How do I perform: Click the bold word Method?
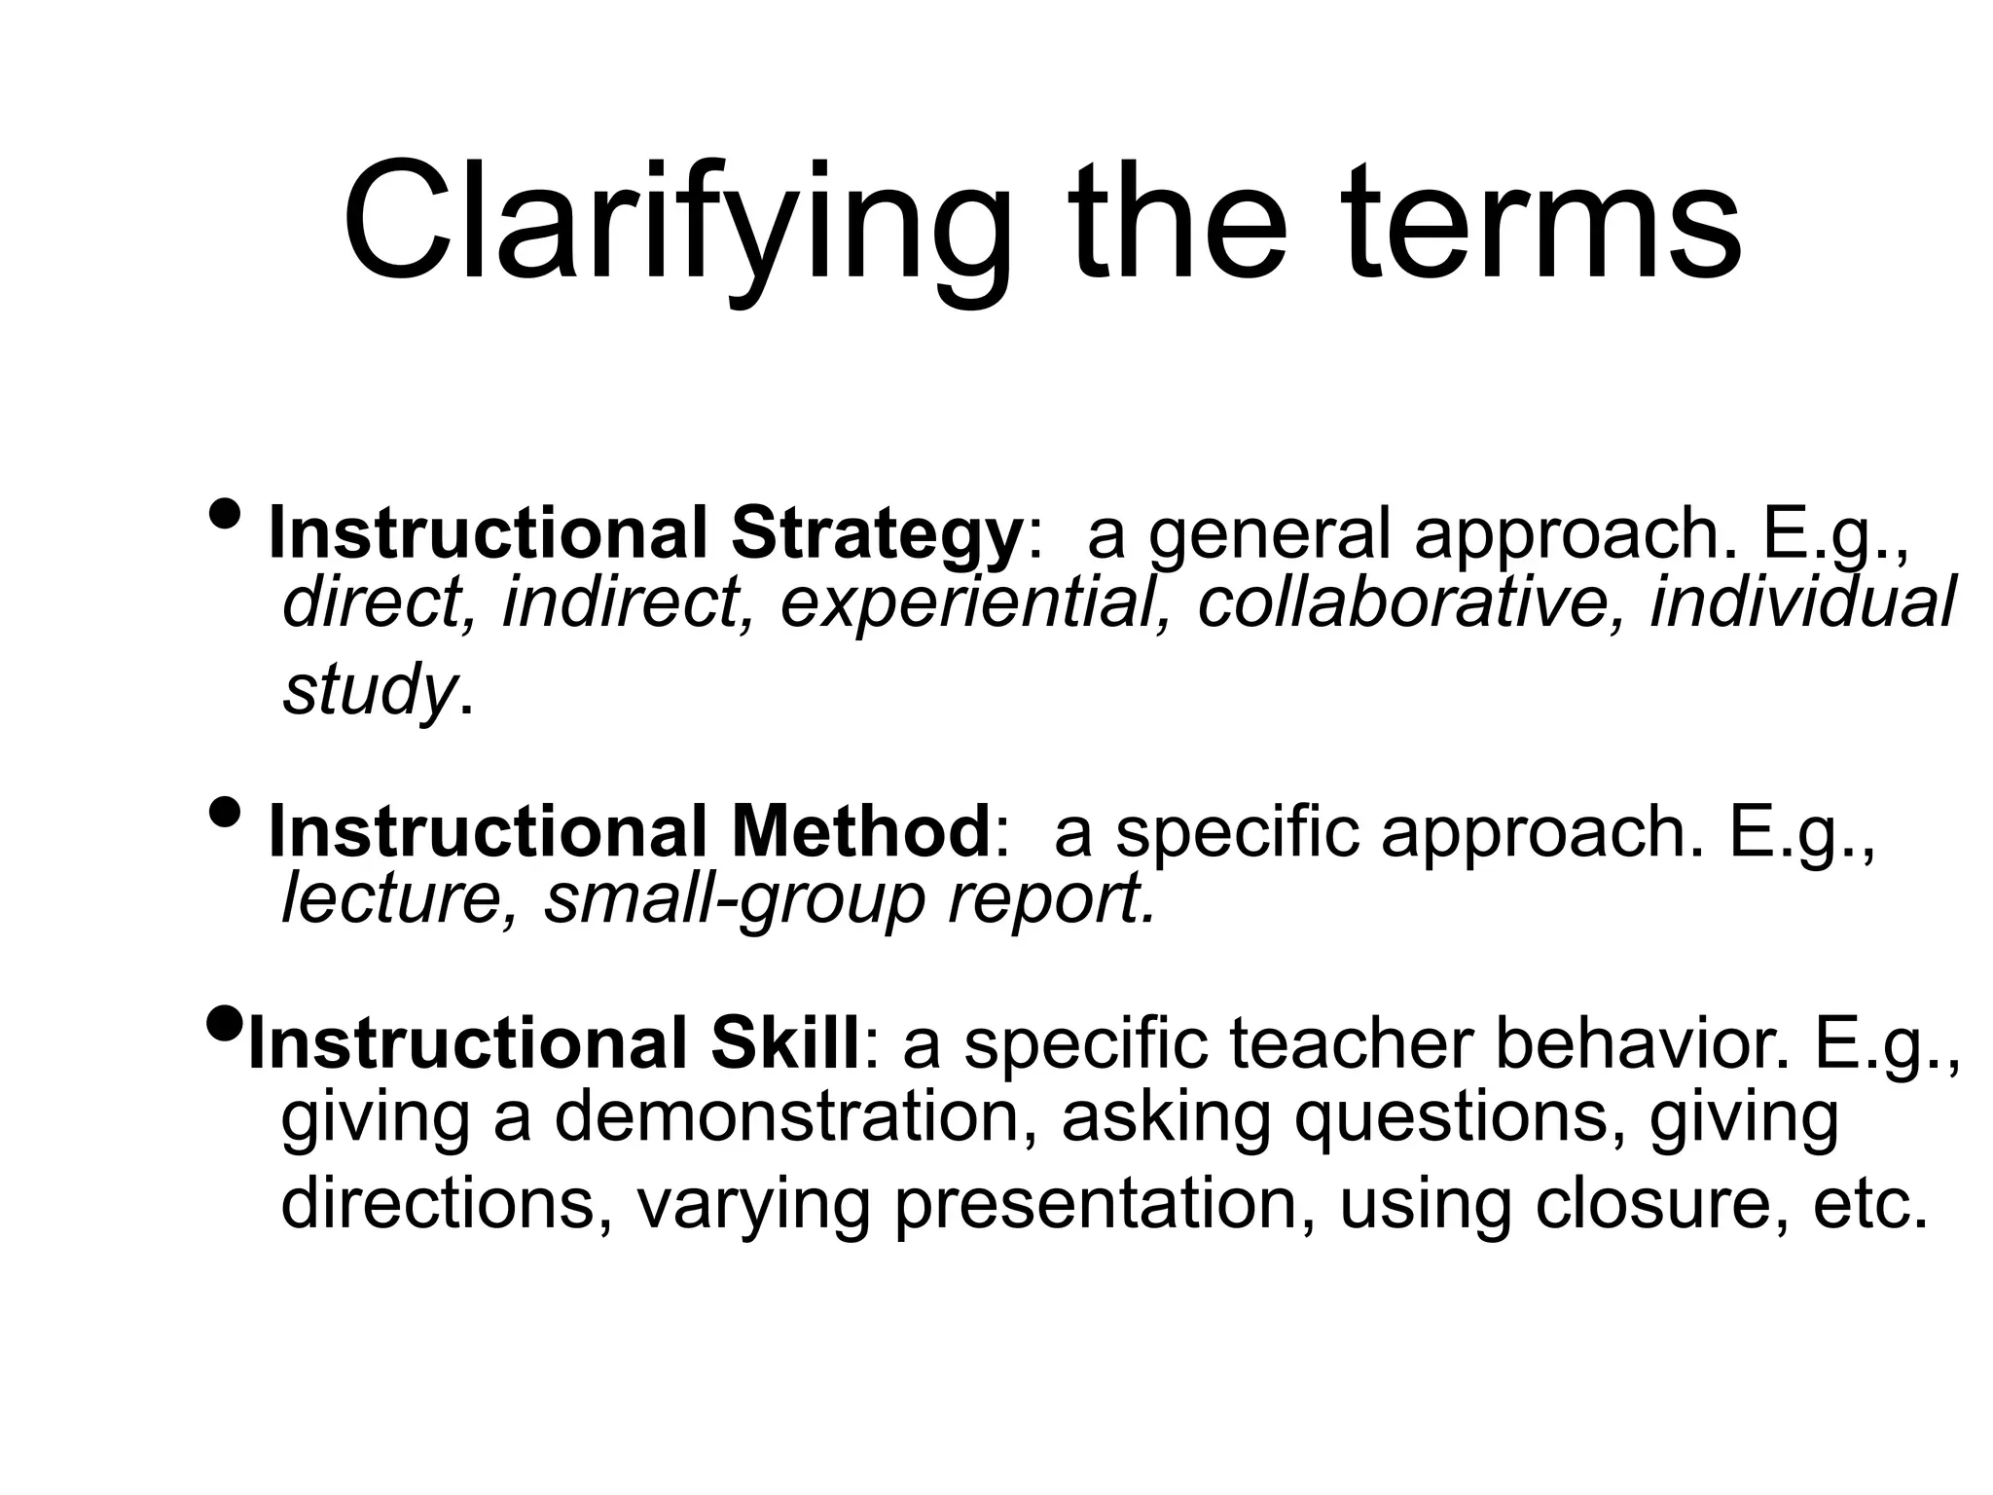[860, 832]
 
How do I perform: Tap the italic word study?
[368, 689]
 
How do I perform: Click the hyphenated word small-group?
[733, 901]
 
